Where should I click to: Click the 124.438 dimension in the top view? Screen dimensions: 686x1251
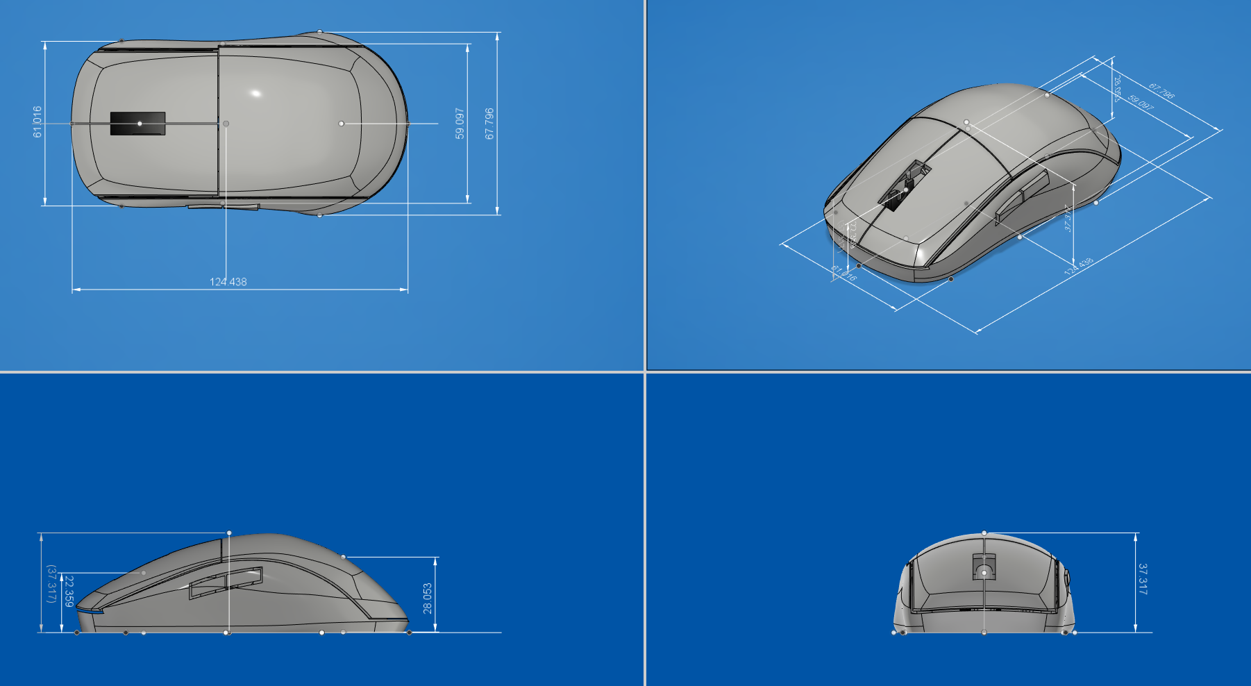tap(228, 282)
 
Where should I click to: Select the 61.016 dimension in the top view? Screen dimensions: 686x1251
tap(37, 122)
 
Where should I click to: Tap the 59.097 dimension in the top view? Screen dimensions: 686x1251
tap(460, 123)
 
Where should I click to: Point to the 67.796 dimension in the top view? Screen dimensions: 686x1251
tap(489, 123)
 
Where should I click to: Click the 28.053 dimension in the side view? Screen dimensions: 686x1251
tap(428, 598)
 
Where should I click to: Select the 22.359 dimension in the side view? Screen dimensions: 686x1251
tap(69, 591)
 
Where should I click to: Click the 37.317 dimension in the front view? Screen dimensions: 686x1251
tap(1143, 578)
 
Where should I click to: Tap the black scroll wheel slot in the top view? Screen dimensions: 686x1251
tap(137, 124)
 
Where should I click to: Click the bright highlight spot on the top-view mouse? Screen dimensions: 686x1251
tap(255, 93)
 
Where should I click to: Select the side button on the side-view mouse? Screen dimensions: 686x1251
tap(226, 581)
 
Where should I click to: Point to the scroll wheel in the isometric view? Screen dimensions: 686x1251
tap(905, 185)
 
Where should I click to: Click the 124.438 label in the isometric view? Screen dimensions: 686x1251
tap(1078, 266)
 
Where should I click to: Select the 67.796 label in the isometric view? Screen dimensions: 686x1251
tap(1161, 91)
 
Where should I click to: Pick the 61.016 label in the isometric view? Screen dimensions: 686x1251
tap(844, 274)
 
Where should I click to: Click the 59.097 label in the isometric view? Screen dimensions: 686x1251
tap(1141, 103)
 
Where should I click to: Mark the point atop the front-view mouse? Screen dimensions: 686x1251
tap(984, 533)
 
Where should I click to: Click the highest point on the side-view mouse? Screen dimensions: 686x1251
tap(229, 533)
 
